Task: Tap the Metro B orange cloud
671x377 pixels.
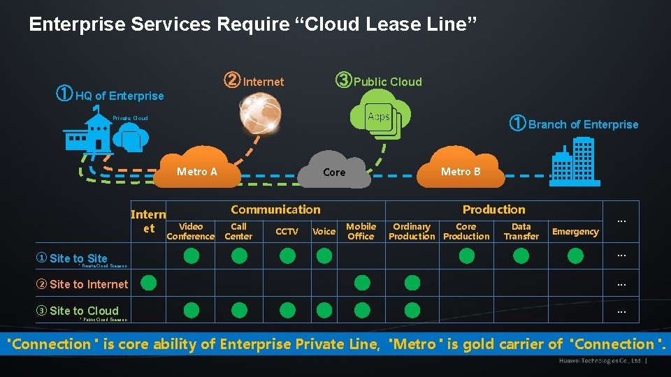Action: [x=461, y=172]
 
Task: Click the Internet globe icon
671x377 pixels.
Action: [x=260, y=113]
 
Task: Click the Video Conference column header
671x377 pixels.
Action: [x=191, y=232]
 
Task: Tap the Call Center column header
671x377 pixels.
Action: [x=239, y=232]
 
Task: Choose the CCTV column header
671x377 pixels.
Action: [x=287, y=232]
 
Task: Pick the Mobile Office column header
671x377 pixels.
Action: [x=361, y=232]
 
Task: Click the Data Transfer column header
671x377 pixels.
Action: [x=521, y=232]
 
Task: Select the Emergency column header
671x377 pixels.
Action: [x=575, y=232]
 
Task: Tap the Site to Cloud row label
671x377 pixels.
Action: [x=78, y=311]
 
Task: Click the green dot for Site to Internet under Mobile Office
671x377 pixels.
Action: [x=361, y=283]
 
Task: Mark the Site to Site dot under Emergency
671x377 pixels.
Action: [x=575, y=256]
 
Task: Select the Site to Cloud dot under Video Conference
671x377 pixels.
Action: [x=191, y=310]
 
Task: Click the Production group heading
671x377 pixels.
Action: [x=493, y=209]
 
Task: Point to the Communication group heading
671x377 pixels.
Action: [x=275, y=209]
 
